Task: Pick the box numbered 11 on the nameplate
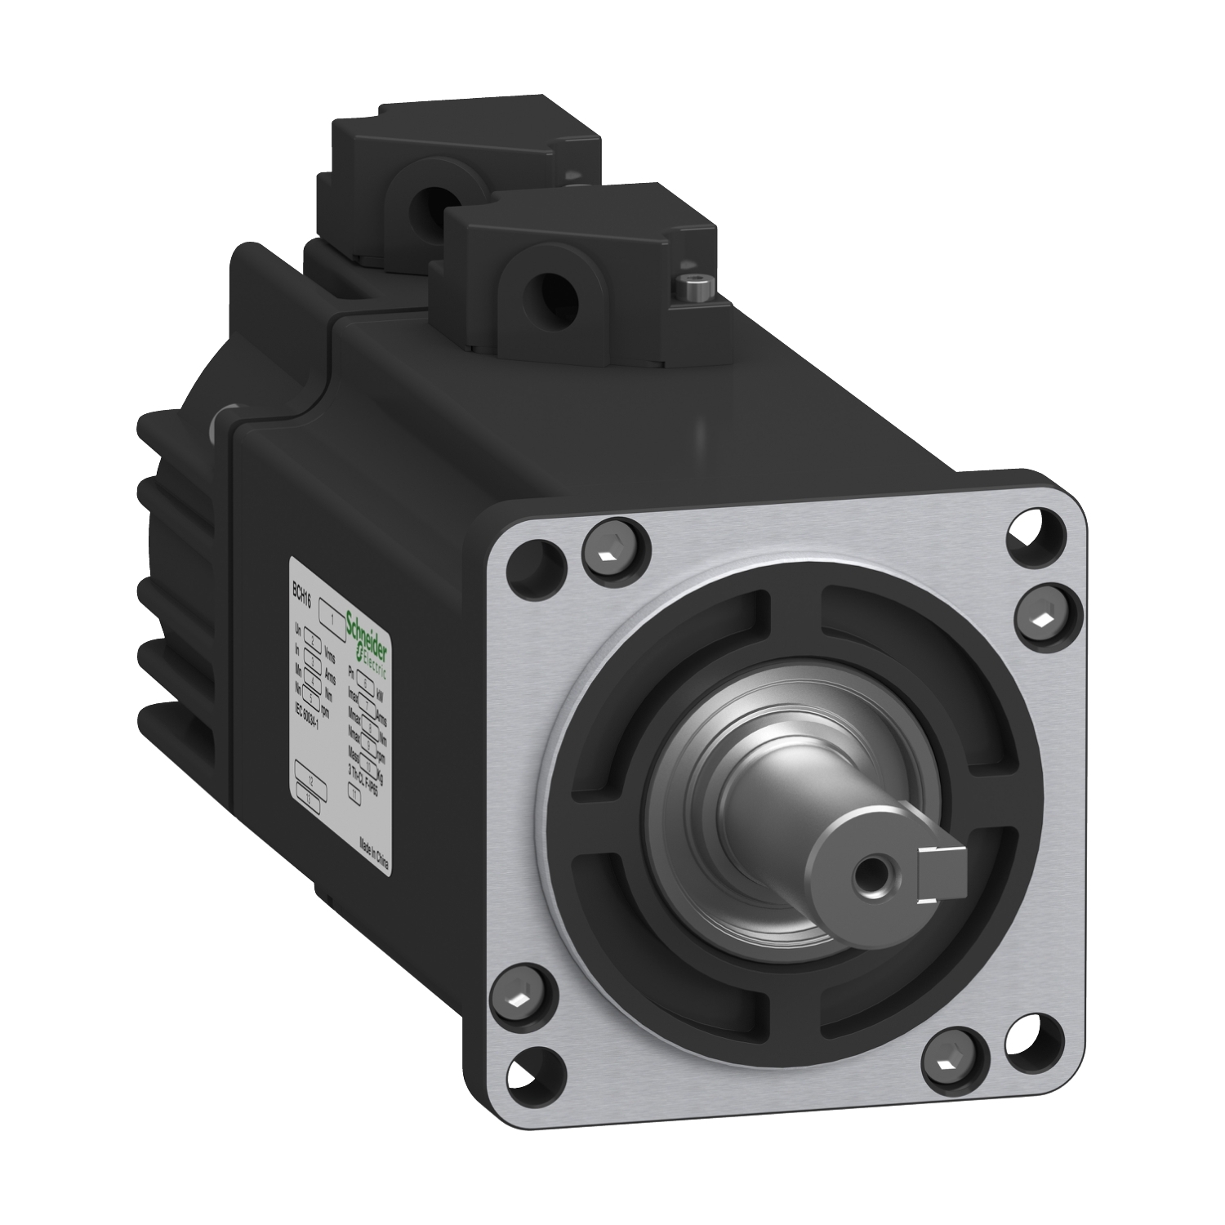click(355, 792)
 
